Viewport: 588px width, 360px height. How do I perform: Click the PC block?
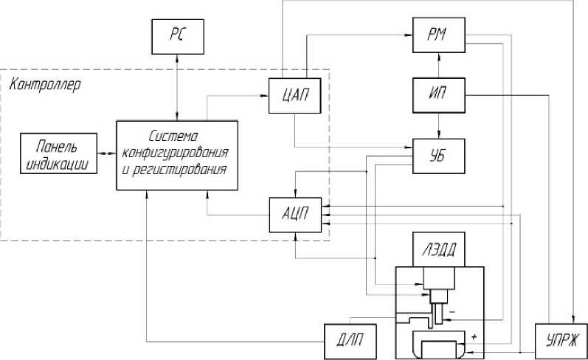178,37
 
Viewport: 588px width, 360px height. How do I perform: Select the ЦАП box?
295,96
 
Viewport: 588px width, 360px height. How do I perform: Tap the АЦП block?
296,215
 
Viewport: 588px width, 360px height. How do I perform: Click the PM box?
439,35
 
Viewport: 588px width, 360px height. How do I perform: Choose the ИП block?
439,95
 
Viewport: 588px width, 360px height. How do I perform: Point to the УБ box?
439,156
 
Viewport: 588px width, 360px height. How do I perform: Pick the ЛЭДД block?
439,249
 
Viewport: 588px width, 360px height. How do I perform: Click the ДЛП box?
350,342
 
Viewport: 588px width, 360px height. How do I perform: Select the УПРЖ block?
561,342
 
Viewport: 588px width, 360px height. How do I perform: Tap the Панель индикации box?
58,153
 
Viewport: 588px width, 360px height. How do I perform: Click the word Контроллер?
44,85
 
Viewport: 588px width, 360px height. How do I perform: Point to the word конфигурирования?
176,153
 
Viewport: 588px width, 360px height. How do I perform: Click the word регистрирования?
179,170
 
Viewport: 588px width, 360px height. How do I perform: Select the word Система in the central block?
173,136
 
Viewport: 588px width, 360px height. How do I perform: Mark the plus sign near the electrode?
474,336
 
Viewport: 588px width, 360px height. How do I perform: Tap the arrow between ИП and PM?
439,65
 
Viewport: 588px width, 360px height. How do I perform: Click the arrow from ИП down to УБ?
439,125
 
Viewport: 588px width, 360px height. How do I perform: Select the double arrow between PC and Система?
177,87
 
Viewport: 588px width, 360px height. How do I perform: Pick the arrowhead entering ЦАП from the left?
264,96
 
